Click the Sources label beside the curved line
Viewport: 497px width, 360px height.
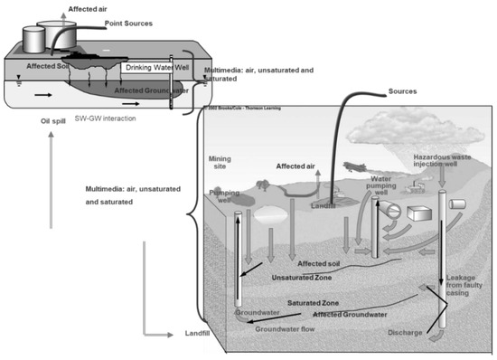405,92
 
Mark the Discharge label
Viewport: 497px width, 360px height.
404,331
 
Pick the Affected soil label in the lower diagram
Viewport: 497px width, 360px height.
317,263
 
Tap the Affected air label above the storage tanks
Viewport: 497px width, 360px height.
88,7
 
